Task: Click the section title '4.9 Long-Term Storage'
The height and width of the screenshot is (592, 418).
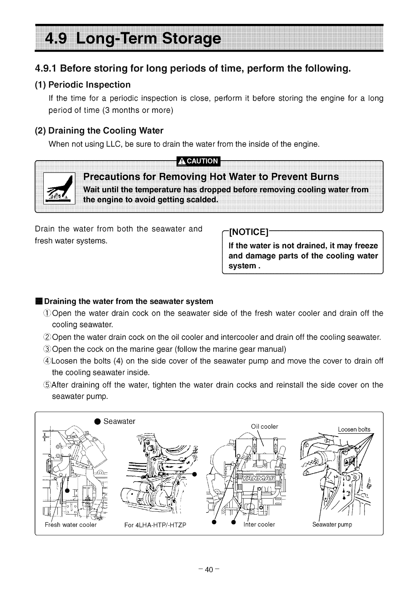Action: pos(132,39)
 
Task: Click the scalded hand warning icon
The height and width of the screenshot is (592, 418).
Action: pos(59,189)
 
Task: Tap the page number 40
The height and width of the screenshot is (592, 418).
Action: pos(209,570)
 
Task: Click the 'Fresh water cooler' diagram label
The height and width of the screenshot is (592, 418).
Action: pos(71,525)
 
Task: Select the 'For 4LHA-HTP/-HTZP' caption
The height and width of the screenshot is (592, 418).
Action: pos(155,525)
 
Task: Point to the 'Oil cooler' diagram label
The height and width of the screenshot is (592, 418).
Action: pos(264,427)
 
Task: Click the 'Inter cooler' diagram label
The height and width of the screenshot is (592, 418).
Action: pos(259,524)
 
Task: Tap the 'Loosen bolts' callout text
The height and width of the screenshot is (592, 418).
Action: pos(354,430)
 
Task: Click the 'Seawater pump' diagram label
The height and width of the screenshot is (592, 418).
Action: pos(332,524)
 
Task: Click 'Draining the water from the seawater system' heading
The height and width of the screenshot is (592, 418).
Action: pos(128,302)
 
